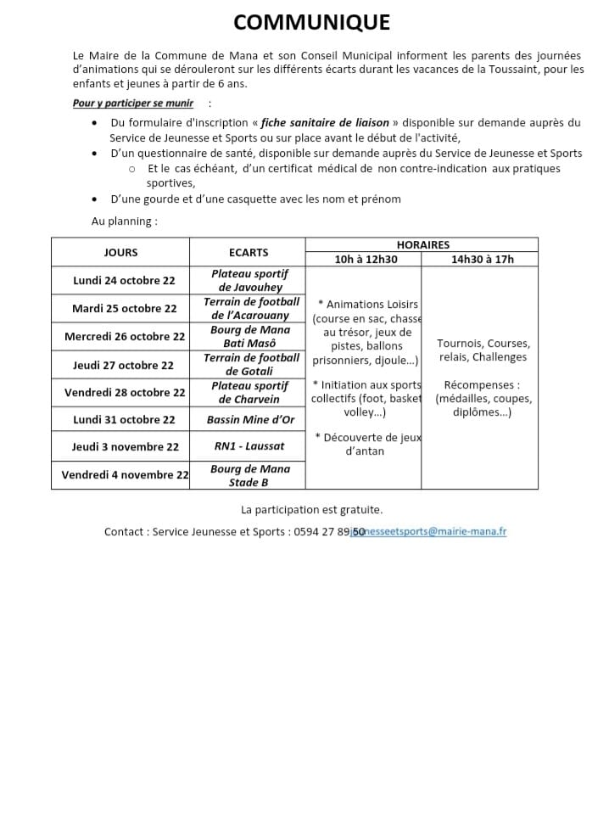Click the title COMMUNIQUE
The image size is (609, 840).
click(x=311, y=22)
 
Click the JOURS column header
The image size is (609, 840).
click(x=120, y=252)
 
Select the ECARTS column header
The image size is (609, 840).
click(x=248, y=252)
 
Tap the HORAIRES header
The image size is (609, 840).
click(x=422, y=244)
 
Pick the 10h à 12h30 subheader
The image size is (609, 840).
click(x=366, y=260)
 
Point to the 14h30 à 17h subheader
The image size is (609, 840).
click(x=482, y=260)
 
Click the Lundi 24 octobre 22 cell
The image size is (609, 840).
click(x=124, y=280)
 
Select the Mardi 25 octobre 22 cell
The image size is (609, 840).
click(x=124, y=308)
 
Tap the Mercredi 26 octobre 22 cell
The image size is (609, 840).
click(x=124, y=336)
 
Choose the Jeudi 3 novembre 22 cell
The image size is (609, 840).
click(x=125, y=446)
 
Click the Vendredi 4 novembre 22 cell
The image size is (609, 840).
click(x=124, y=474)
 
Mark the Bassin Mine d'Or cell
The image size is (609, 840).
click(x=248, y=419)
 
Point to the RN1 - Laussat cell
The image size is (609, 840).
click(x=249, y=446)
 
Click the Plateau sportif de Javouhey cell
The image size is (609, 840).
click(x=249, y=280)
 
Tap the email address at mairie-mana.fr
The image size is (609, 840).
click(x=440, y=532)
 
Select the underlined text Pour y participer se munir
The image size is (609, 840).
click(x=132, y=103)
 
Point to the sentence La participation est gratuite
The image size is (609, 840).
click(x=311, y=510)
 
